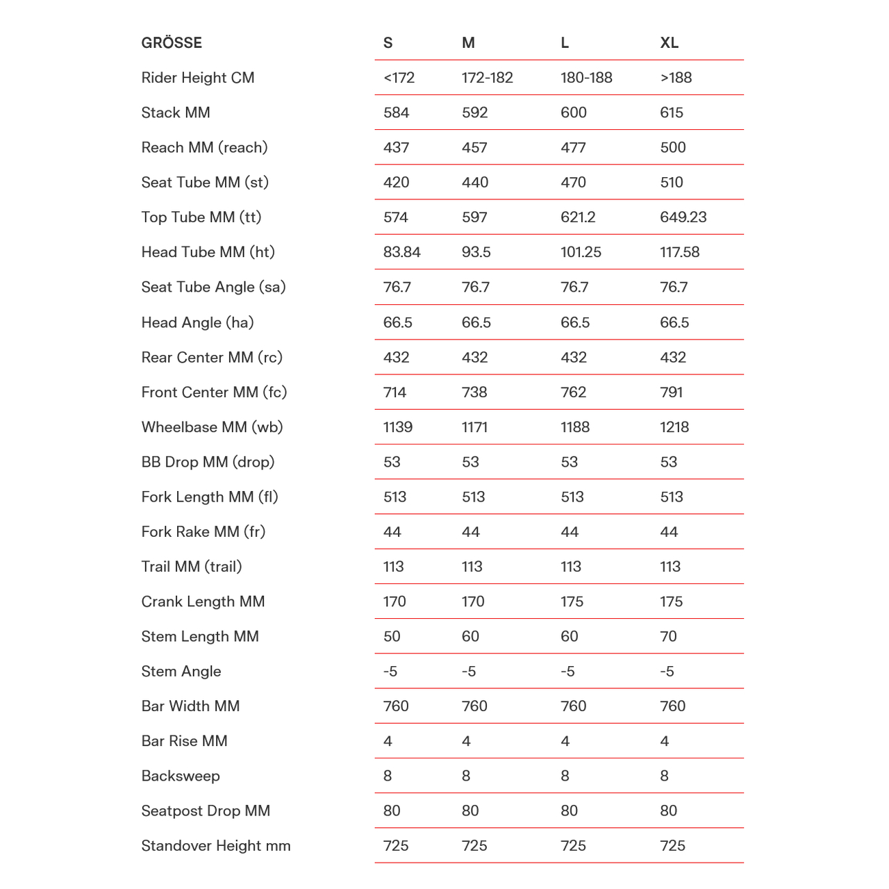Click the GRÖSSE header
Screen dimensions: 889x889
click(x=172, y=43)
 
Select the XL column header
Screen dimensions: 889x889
click(x=669, y=43)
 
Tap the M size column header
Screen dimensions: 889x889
click(x=468, y=43)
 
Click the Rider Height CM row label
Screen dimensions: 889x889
click(x=198, y=78)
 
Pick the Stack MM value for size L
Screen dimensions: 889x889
click(x=574, y=113)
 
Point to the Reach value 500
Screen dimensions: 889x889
click(x=672, y=147)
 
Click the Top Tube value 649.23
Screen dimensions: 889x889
click(x=683, y=217)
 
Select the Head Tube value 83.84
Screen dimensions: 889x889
click(x=401, y=252)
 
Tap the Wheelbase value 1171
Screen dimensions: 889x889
click(x=474, y=427)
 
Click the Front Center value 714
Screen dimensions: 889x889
click(x=394, y=392)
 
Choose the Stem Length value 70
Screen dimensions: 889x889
click(x=668, y=636)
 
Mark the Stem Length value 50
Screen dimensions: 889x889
click(x=392, y=636)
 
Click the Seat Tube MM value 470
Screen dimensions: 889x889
click(x=573, y=183)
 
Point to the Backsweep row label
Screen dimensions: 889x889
click(x=181, y=776)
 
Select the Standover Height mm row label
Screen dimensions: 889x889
click(x=216, y=846)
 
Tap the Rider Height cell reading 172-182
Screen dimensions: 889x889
click(x=487, y=78)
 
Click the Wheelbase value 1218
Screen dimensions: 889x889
click(x=674, y=427)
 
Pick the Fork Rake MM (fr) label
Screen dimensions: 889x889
click(x=203, y=532)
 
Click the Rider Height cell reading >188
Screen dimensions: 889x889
click(x=676, y=78)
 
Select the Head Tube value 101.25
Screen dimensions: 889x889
click(x=581, y=252)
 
